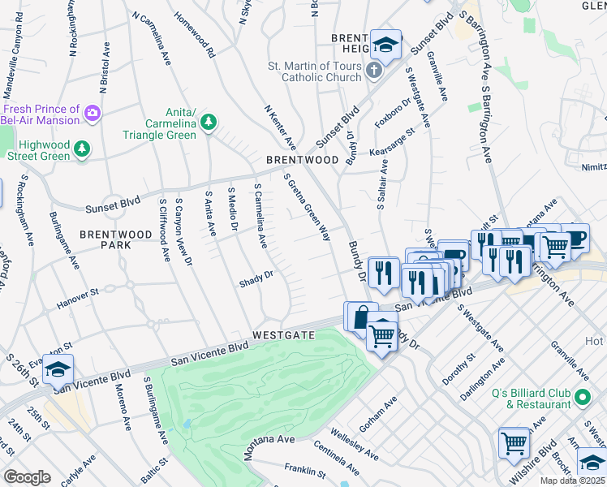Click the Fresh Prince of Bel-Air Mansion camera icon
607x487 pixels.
[x=93, y=112]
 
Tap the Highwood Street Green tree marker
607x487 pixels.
[x=81, y=148]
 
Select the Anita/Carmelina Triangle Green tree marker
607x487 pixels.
[x=209, y=122]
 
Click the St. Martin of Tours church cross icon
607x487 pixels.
[x=373, y=70]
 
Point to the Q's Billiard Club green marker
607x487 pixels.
[x=582, y=398]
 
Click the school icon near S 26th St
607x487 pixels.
[x=58, y=369]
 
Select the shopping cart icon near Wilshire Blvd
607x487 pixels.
[x=514, y=442]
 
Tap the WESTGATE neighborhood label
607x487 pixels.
[x=282, y=334]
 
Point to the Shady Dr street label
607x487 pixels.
[x=256, y=282]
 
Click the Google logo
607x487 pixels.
[x=27, y=477]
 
